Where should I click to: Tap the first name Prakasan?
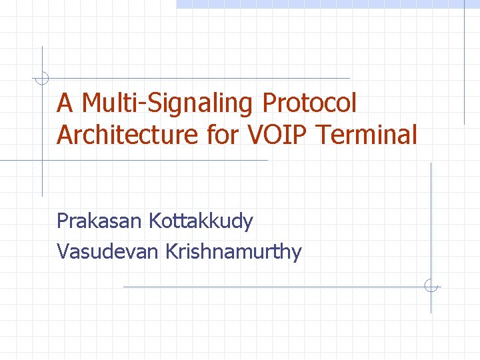tap(100, 221)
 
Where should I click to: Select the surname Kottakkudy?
tap(201, 221)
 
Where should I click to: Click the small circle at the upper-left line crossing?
tap(42, 79)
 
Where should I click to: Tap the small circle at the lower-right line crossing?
tap(431, 287)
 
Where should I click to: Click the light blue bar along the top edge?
tap(327, 4)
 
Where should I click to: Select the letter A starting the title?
tap(65, 104)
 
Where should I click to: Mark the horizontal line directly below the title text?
tap(133, 161)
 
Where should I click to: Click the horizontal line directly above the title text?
tap(200, 79)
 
